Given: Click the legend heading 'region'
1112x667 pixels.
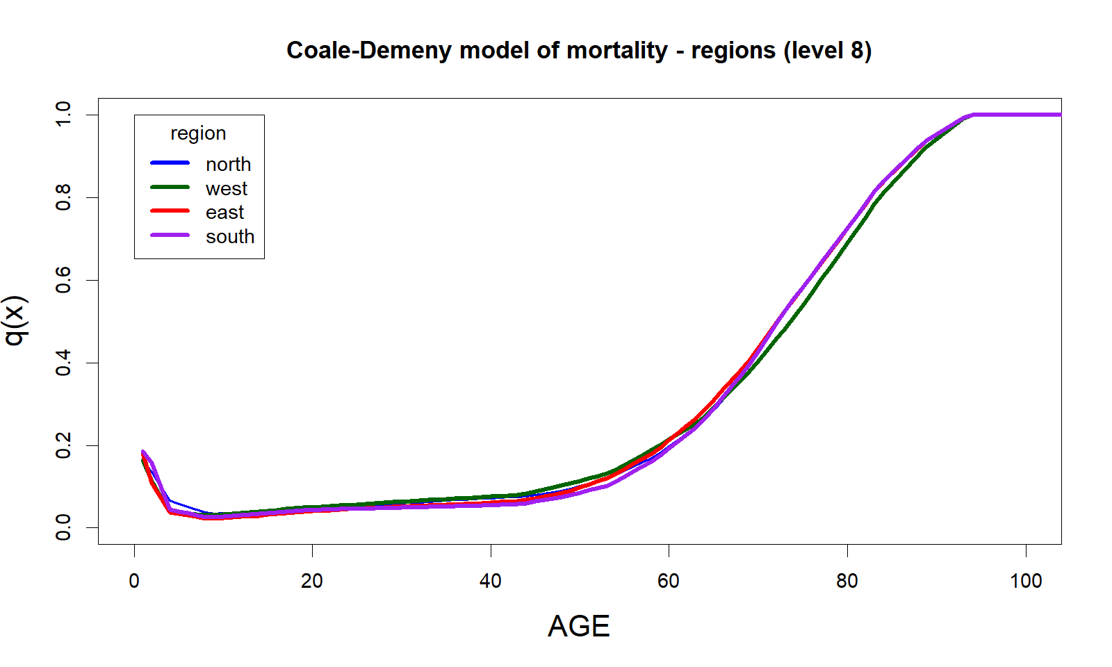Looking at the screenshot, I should (198, 133).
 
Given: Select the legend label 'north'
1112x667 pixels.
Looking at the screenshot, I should (228, 165).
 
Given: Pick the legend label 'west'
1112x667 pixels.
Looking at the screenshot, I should (227, 188).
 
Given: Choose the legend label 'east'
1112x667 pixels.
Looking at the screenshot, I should (224, 213).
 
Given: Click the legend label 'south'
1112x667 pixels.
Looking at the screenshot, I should (230, 237).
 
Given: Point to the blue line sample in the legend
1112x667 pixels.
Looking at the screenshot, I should (170, 163).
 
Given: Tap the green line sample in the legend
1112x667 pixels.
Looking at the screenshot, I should (170, 188).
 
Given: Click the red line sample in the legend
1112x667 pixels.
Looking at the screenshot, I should (170, 211).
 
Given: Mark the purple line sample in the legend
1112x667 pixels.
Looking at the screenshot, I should (170, 236).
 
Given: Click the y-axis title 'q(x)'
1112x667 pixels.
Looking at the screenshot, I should (15, 320).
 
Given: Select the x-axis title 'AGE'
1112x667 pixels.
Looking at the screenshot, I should (578, 627).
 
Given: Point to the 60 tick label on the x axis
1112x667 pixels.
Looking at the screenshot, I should (669, 582).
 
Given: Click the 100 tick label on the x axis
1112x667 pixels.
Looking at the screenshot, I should (1025, 582).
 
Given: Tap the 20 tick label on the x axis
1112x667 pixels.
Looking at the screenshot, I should (312, 582).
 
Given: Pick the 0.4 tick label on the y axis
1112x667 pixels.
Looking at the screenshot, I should (64, 363).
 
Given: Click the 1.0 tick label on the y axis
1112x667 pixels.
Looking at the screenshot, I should (64, 114).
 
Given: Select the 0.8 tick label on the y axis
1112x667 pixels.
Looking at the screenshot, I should (64, 197).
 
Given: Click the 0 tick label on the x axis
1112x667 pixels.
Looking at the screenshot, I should (134, 582).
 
